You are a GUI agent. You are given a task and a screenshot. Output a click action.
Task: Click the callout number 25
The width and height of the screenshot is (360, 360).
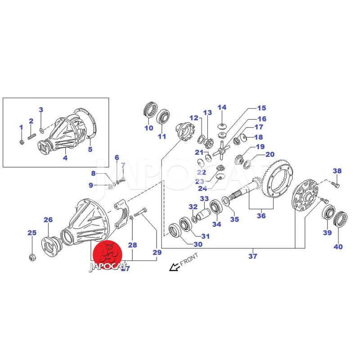(31, 233)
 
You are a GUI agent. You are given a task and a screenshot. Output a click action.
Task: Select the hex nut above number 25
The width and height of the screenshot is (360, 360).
(32, 257)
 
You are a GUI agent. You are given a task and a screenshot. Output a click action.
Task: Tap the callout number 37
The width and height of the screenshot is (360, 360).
(253, 256)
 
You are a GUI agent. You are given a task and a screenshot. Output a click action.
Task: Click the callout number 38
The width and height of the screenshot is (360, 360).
(337, 171)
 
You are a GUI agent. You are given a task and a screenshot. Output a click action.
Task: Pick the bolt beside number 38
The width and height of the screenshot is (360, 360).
(334, 184)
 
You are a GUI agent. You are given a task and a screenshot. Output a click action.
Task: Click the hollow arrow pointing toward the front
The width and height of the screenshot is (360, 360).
(172, 268)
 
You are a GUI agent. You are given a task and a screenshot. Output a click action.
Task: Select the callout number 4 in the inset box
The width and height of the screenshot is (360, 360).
(65, 158)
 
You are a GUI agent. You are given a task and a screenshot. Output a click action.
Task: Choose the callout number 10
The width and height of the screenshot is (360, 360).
(148, 128)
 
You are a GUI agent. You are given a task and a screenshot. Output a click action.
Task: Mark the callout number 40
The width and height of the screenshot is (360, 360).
(338, 246)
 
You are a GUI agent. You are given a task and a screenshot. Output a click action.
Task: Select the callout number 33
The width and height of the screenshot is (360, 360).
(204, 199)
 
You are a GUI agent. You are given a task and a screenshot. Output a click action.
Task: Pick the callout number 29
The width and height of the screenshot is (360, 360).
(157, 253)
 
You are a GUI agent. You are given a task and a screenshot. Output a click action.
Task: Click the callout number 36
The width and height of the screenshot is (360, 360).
(261, 216)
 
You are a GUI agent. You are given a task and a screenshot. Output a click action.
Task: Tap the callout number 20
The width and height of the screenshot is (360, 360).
(270, 154)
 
